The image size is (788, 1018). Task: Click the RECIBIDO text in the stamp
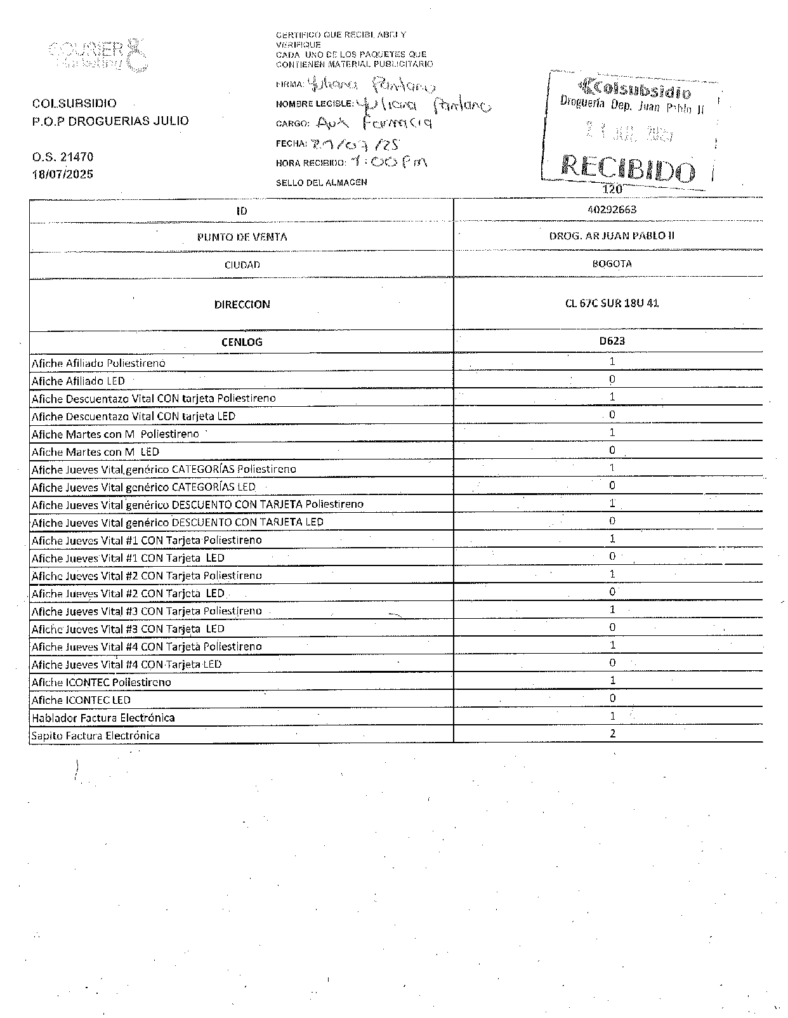627,169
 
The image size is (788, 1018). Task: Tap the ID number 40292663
612,209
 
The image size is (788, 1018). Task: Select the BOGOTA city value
612,263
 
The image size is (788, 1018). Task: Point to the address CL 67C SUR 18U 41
612,303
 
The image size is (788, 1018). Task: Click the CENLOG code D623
612,341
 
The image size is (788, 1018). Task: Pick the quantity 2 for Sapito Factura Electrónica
612,734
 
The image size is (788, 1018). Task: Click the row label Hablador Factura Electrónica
103,718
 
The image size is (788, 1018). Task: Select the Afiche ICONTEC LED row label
81,700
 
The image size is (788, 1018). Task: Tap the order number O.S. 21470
63,157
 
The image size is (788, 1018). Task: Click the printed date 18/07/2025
63,174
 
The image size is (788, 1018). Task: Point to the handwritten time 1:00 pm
389,162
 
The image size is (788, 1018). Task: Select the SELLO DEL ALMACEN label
321,183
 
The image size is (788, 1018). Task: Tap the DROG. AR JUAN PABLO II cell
612,236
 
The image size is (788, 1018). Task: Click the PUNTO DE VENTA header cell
242,237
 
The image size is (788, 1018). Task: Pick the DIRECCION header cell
242,305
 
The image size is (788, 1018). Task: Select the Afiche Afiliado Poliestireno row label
98,363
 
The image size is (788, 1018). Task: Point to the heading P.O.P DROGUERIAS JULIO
110,121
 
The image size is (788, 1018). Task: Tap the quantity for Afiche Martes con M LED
612,451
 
